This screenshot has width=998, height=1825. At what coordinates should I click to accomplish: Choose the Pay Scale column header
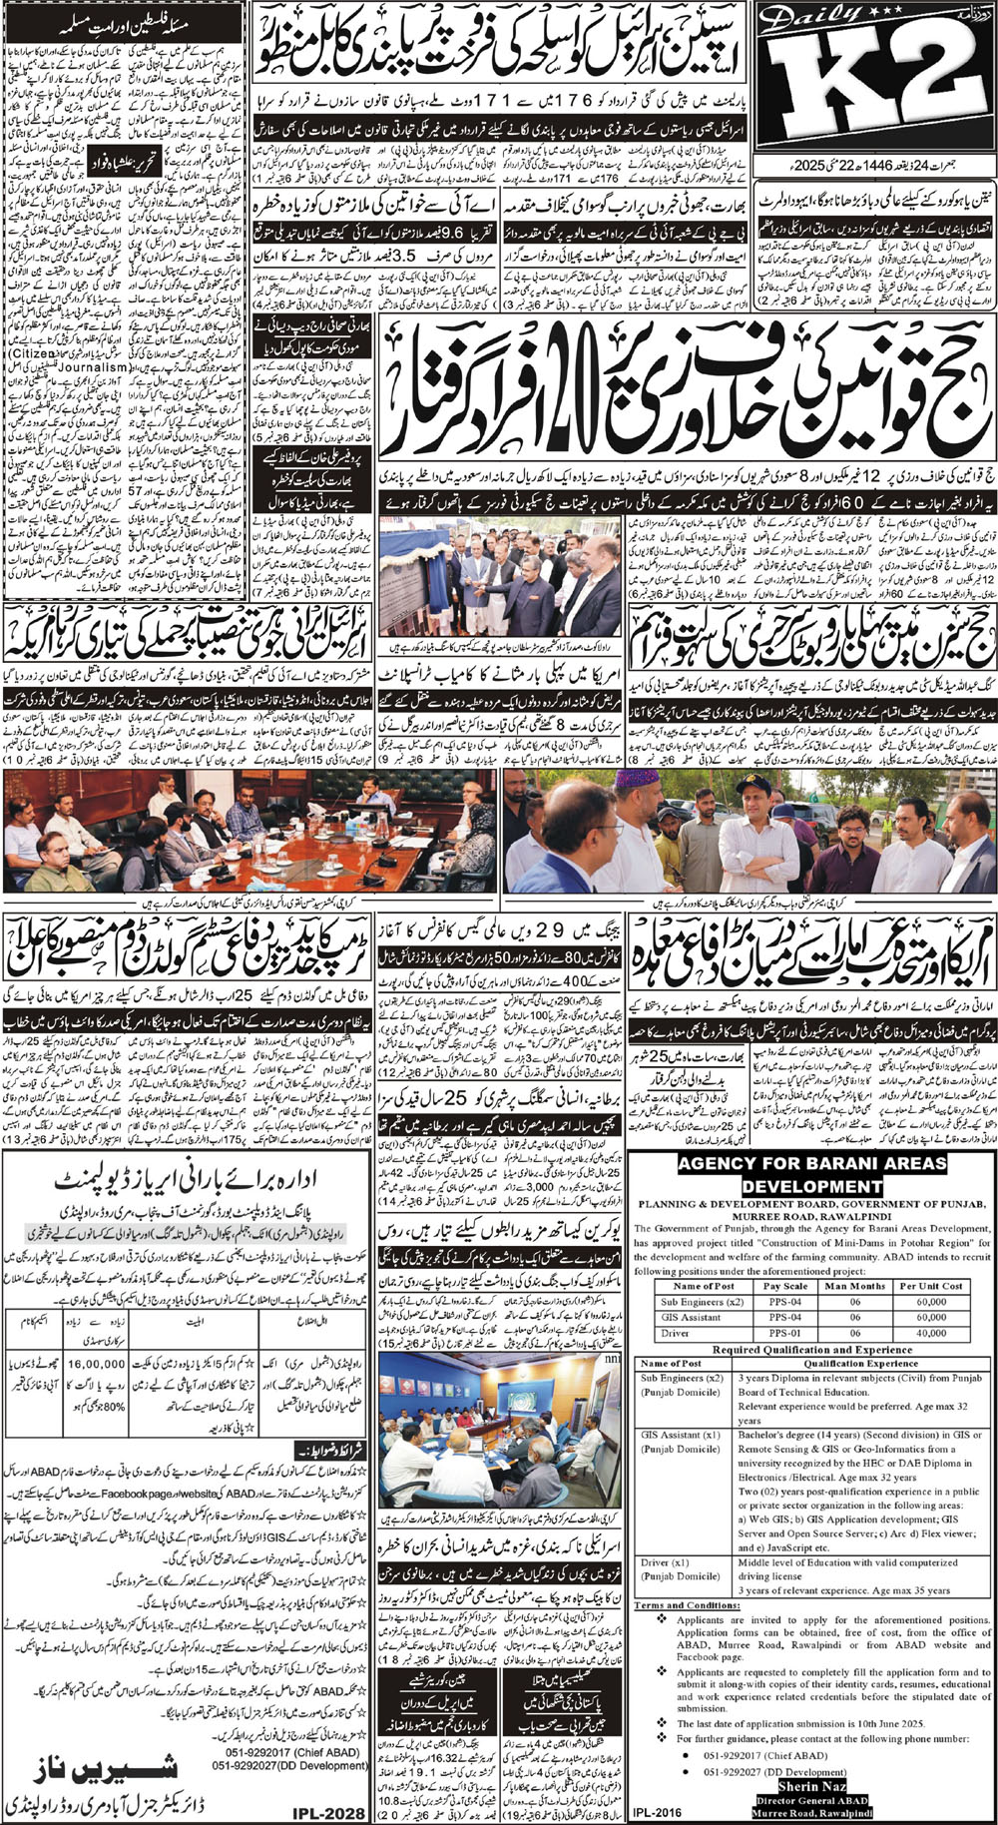click(783, 1286)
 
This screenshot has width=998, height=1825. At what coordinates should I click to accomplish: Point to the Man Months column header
click(854, 1286)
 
